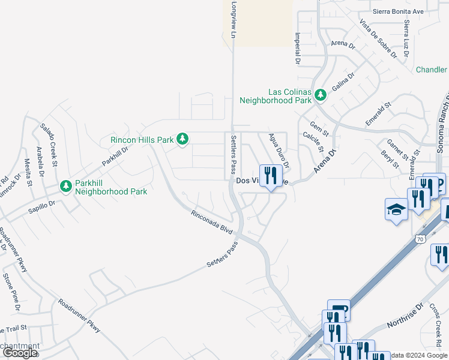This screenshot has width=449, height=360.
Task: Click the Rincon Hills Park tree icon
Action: click(182, 140)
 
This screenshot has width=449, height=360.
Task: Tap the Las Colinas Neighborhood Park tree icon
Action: click(321, 95)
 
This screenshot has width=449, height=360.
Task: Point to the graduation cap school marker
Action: click(396, 210)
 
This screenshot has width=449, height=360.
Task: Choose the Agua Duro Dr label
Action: click(279, 150)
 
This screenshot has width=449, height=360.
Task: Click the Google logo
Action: click(20, 353)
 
